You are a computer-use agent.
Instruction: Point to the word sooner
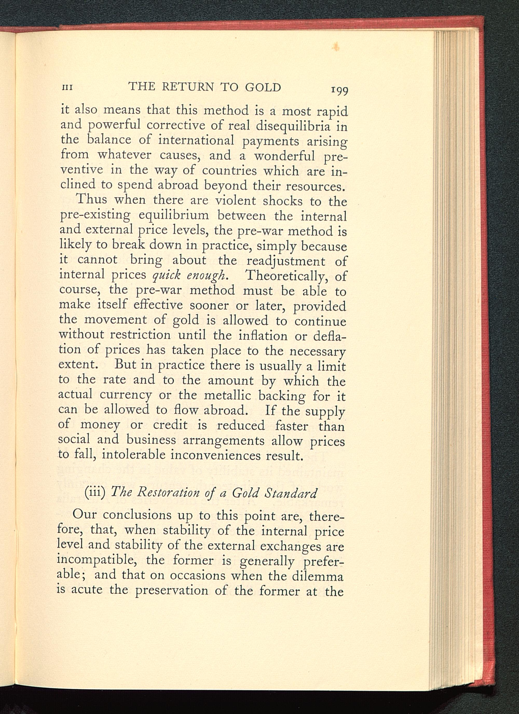pos(207,305)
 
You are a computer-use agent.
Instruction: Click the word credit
pos(170,426)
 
